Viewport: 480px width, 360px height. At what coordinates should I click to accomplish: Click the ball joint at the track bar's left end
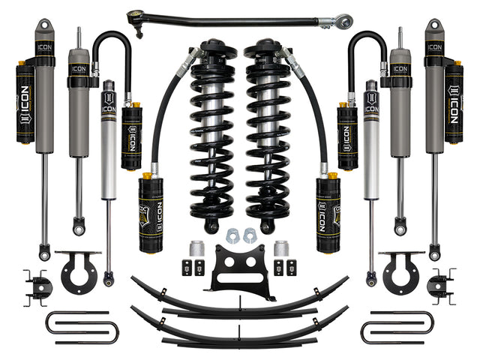tap(138, 14)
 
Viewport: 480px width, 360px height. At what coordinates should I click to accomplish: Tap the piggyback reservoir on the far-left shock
tap(25, 102)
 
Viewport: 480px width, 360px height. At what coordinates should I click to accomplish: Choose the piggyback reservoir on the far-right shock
tap(453, 102)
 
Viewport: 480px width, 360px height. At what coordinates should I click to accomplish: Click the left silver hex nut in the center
tap(230, 236)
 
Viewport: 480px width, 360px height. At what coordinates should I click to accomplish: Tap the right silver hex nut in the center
tap(250, 236)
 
